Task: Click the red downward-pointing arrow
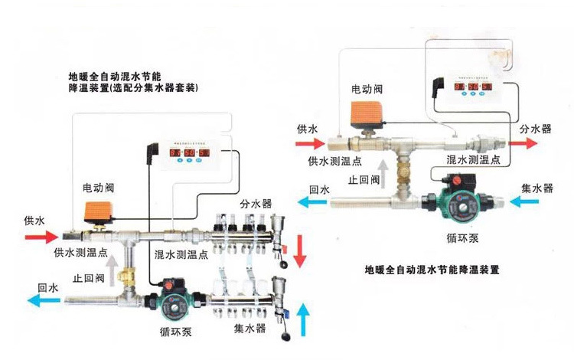pyautogui.click(x=300, y=247)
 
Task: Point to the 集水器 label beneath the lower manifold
pyautogui.click(x=249, y=328)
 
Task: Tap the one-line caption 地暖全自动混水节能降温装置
pyautogui.click(x=432, y=270)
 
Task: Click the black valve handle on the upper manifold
pyautogui.click(x=285, y=263)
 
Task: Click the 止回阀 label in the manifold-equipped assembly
pyautogui.click(x=88, y=277)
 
